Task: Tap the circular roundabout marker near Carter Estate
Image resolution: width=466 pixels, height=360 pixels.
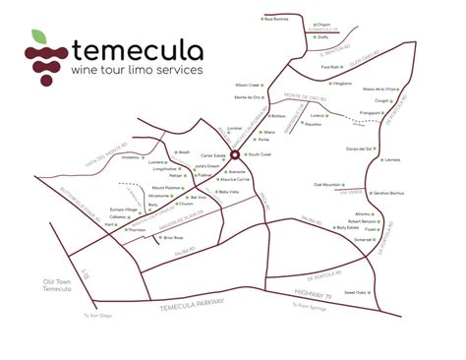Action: (x=235, y=153)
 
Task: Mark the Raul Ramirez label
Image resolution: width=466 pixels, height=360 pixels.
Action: (x=276, y=19)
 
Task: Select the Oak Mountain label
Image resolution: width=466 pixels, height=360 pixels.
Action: (x=327, y=184)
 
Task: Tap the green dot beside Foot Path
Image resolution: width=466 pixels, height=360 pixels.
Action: (x=344, y=68)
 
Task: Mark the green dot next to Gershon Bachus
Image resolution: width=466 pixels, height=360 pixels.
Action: (x=369, y=194)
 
